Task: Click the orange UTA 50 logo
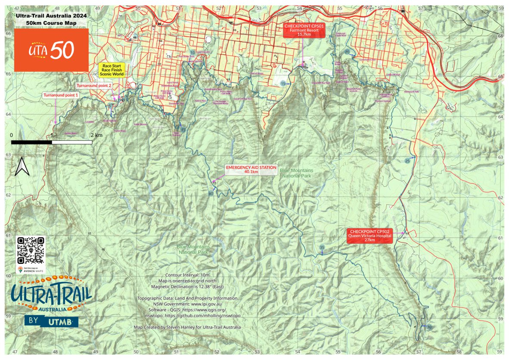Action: pyautogui.click(x=51, y=50)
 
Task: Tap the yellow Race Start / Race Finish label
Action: pyautogui.click(x=112, y=70)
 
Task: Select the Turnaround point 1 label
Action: pyautogui.click(x=61, y=95)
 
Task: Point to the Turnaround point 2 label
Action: pyautogui.click(x=94, y=86)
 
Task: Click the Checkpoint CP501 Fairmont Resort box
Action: pyautogui.click(x=304, y=31)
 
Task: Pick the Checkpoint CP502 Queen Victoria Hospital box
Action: pyautogui.click(x=370, y=236)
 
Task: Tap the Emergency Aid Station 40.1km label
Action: pyautogui.click(x=251, y=169)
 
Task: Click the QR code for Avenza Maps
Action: pyautogui.click(x=31, y=250)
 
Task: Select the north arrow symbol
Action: pyautogui.click(x=22, y=167)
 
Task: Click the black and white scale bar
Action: pyautogui.click(x=51, y=142)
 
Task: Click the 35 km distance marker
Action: pyautogui.click(x=322, y=248)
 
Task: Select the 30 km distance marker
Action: pyautogui.click(x=428, y=327)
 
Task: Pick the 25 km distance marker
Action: pyautogui.click(x=407, y=161)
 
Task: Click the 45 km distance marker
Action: pyautogui.click(x=183, y=130)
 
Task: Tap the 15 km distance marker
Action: pyautogui.click(x=283, y=83)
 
